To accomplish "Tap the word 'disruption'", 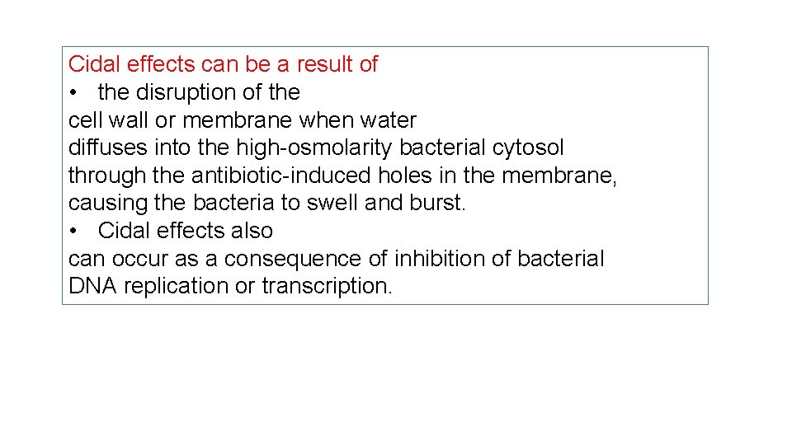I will pos(193,92).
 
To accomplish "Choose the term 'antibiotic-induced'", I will pos(281,176).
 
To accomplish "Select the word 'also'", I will pos(251,231).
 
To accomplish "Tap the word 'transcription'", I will pos(327,287).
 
